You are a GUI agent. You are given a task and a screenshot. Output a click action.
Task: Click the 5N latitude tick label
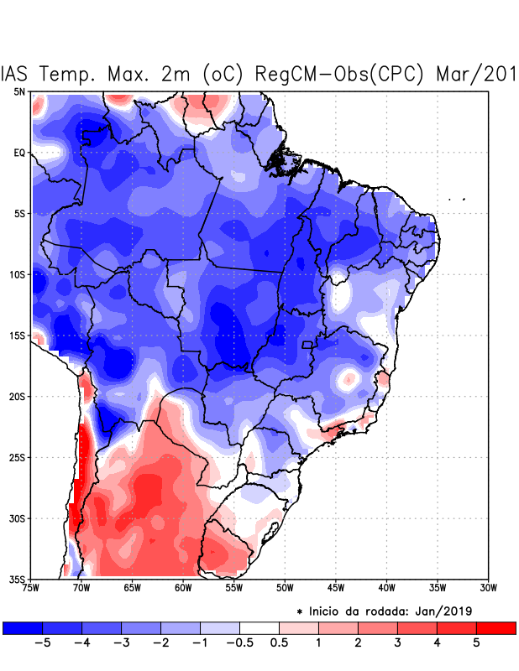click(19, 91)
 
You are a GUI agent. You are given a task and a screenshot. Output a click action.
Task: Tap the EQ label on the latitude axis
click(19, 153)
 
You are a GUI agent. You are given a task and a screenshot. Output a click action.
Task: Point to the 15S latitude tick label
click(18, 335)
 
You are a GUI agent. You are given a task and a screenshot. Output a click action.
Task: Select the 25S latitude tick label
click(18, 457)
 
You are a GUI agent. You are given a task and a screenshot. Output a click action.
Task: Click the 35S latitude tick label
click(18, 579)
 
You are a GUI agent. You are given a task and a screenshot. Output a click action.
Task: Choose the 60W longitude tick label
click(183, 587)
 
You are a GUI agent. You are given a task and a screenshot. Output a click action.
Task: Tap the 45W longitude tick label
click(336, 587)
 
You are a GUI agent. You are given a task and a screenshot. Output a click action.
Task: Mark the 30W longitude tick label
click(488, 587)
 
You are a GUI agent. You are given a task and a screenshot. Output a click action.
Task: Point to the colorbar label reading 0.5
click(280, 643)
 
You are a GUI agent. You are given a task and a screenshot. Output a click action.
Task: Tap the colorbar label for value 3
click(396, 643)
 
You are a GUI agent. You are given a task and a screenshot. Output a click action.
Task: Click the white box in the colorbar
click(259, 627)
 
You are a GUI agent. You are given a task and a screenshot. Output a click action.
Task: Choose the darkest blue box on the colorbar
click(23, 627)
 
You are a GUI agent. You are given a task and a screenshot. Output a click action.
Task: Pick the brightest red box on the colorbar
click(495, 627)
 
